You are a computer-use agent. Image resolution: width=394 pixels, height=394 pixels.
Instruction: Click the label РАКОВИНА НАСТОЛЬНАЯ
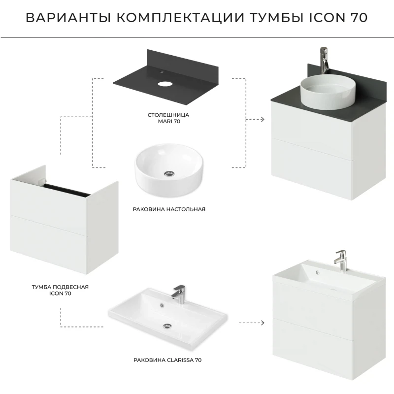(169, 209)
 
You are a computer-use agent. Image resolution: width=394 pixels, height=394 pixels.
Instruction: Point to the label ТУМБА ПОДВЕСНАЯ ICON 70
(60, 290)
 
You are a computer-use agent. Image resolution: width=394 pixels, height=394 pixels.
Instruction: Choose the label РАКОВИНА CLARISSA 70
(167, 360)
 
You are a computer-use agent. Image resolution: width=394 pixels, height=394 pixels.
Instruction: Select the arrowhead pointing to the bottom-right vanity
(263, 323)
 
